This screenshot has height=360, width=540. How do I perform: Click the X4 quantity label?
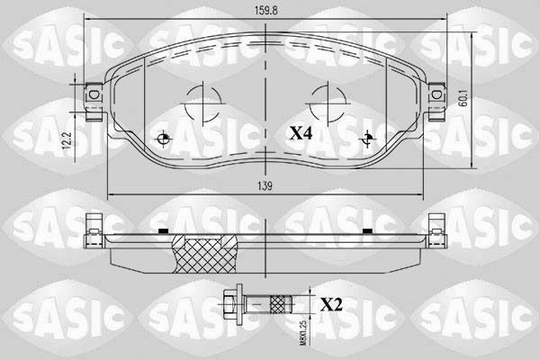pyautogui.click(x=301, y=133)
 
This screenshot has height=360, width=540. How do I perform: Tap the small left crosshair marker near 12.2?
pyautogui.click(x=163, y=139)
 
